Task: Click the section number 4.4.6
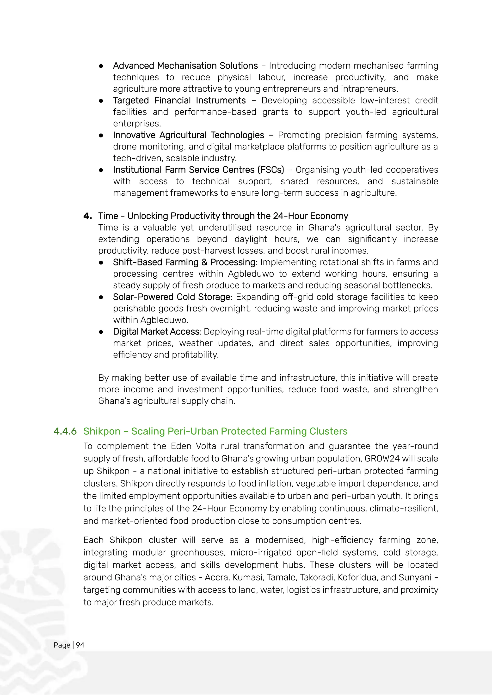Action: [x=65, y=431]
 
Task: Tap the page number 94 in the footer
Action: [x=80, y=645]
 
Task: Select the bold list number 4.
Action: [x=87, y=216]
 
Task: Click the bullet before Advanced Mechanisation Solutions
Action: [x=101, y=66]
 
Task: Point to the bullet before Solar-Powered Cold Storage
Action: [x=101, y=297]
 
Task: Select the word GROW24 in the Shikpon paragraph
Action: [x=382, y=459]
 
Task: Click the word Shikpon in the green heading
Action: [x=102, y=431]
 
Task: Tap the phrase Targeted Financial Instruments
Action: [x=179, y=101]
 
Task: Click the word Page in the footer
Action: [x=62, y=645]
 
